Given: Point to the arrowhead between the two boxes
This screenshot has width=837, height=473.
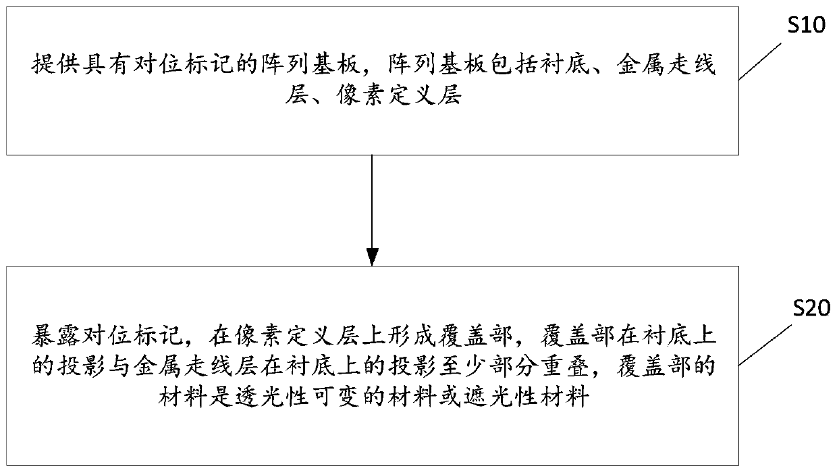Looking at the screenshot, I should [x=372, y=257].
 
